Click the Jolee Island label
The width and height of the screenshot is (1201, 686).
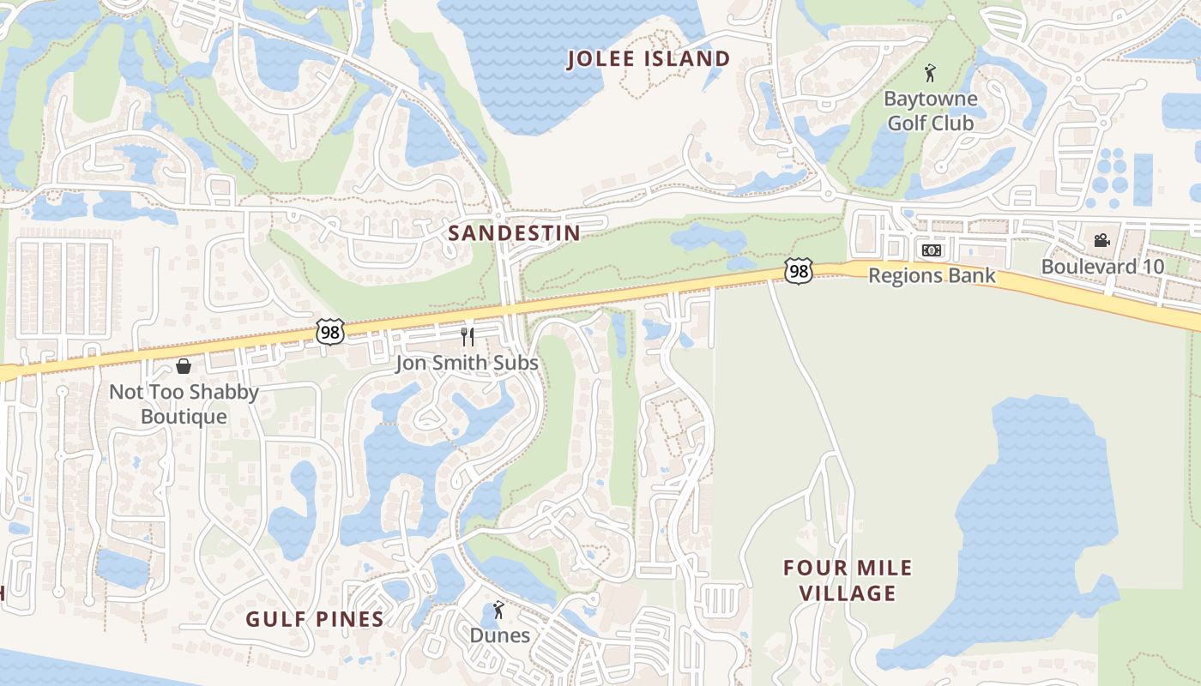tap(649, 59)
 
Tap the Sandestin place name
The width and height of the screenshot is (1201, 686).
tap(514, 232)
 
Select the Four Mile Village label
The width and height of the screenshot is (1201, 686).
tap(848, 581)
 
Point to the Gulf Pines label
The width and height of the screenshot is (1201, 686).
tap(315, 619)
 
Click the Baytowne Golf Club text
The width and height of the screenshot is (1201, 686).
tap(931, 111)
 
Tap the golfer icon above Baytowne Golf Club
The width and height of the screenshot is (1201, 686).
tap(930, 73)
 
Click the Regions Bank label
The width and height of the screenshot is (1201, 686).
tap(932, 275)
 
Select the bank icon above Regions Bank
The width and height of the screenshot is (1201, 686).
tap(931, 250)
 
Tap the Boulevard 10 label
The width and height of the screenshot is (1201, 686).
tap(1102, 267)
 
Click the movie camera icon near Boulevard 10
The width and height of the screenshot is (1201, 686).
tap(1101, 241)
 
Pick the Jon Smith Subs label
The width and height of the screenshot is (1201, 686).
tap(467, 363)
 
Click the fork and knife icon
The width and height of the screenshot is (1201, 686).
tap(468, 336)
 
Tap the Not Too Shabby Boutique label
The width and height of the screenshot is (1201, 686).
tap(184, 404)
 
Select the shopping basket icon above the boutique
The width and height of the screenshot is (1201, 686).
tap(184, 367)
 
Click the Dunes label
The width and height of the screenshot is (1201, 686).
tap(499, 635)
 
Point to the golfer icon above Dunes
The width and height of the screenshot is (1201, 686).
tap(498, 611)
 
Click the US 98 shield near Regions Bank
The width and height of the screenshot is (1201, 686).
tap(798, 271)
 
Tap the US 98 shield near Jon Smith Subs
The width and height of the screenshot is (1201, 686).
tap(329, 331)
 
